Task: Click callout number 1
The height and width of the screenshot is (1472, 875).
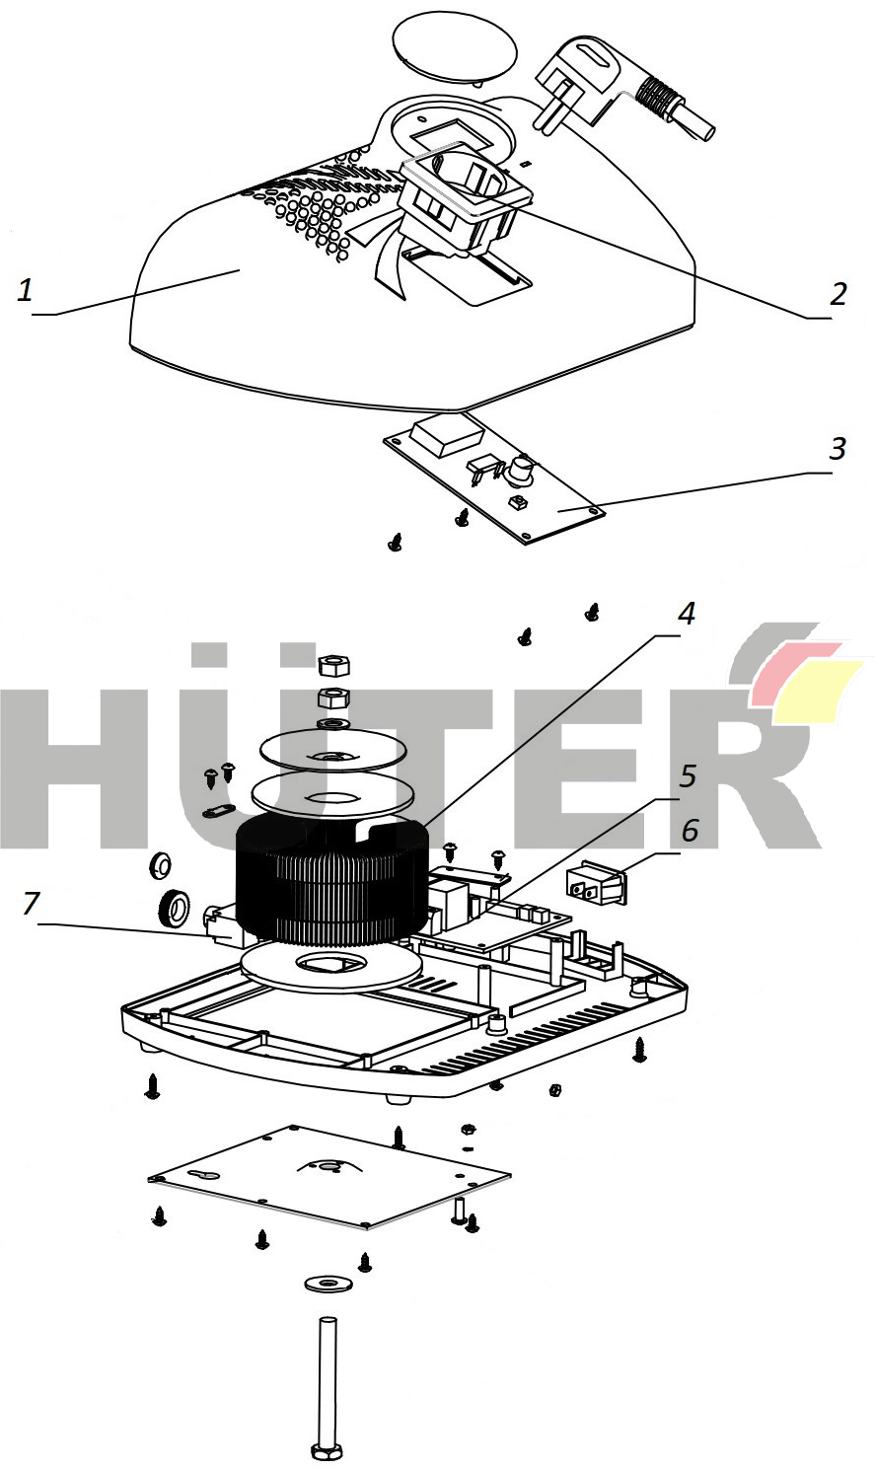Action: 25,290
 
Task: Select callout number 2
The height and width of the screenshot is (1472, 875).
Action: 838,294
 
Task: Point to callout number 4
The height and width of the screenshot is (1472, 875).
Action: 686,613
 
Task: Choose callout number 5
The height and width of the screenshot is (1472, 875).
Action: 688,775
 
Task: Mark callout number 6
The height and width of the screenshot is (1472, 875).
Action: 690,830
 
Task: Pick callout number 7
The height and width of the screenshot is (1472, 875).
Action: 31,904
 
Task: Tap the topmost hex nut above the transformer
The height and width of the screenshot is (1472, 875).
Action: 333,666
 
